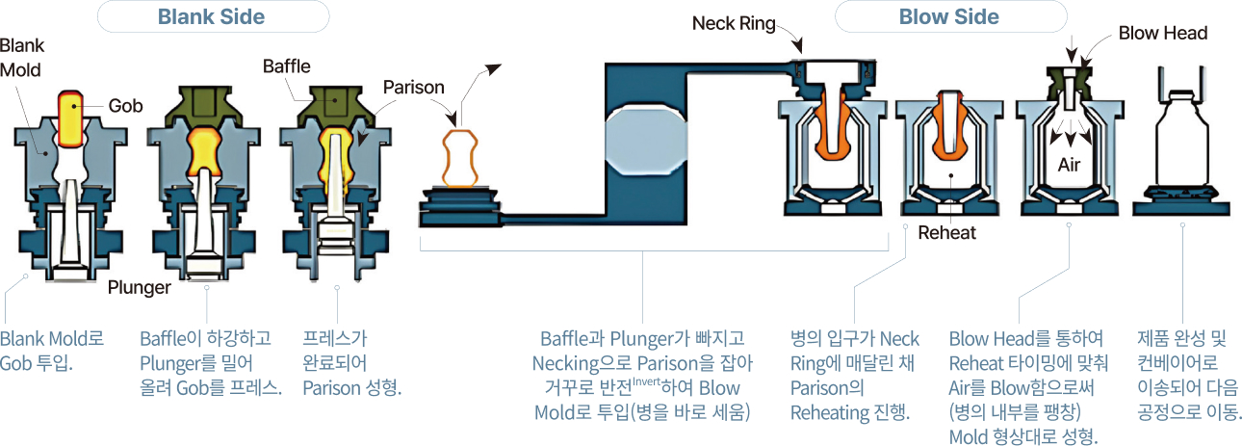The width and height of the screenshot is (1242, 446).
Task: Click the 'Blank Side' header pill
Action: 212,16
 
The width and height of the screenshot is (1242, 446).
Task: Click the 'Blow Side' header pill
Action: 949,16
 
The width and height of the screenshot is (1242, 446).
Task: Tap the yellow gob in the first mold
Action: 69,118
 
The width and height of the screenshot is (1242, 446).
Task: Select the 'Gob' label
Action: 125,106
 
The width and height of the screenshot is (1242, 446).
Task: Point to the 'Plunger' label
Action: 140,286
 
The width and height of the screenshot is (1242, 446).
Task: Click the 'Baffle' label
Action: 287,66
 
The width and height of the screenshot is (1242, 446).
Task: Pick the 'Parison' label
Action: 414,88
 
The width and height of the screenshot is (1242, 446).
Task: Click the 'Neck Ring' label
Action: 734,24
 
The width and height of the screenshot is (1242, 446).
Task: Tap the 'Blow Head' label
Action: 1163,34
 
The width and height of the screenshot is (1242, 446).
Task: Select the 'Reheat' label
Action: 946,232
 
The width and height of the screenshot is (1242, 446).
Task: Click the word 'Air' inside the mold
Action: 1070,165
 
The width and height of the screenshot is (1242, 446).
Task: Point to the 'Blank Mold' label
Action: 22,58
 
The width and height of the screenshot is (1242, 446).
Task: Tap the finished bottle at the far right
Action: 1181,144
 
